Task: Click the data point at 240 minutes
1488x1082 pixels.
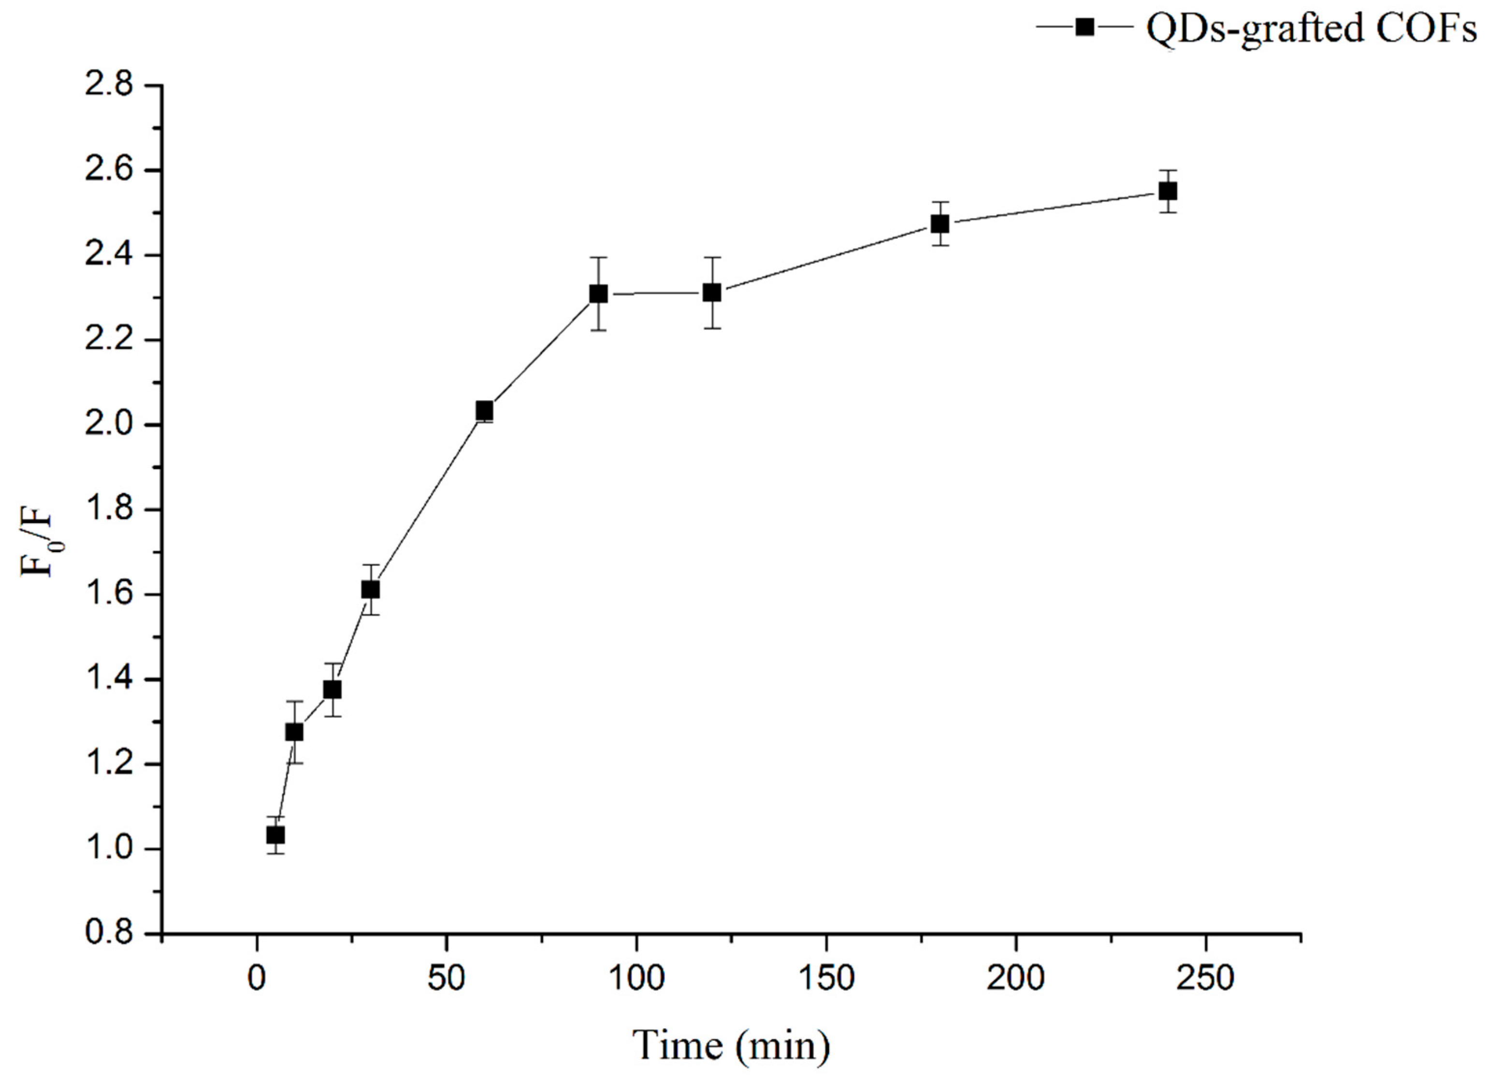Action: point(1167,191)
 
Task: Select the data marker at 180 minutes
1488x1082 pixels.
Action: point(939,224)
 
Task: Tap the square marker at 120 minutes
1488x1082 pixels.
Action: point(712,292)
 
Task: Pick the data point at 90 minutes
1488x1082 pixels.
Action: point(598,293)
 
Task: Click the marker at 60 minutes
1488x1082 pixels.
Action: point(484,411)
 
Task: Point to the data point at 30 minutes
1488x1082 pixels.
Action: point(371,590)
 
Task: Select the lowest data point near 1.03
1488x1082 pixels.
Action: point(275,834)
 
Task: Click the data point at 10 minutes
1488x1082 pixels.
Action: point(295,731)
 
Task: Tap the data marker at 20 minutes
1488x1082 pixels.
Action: point(332,689)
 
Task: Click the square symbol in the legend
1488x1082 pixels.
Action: point(1085,27)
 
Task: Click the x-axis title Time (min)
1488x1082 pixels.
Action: point(731,1045)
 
